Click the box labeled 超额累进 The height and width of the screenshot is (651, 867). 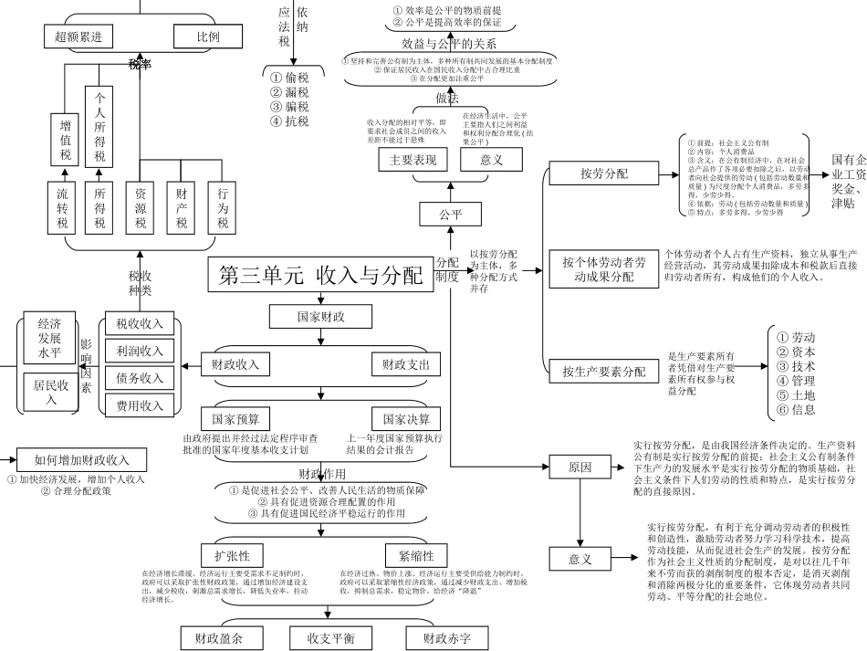tap(78, 37)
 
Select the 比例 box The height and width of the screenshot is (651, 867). tap(208, 37)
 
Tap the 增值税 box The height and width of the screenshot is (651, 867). tap(65, 141)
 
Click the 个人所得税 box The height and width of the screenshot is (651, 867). tap(99, 126)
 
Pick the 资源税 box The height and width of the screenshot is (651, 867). tap(141, 208)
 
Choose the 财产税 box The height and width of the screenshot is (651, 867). tap(182, 208)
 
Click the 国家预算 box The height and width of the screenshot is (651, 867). tap(235, 420)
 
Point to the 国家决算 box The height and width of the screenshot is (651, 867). tap(406, 420)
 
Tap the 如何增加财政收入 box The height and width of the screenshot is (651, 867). tap(82, 459)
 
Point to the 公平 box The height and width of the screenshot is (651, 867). tap(450, 215)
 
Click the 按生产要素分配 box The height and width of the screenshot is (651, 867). tap(603, 372)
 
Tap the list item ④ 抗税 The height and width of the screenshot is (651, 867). tap(290, 121)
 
